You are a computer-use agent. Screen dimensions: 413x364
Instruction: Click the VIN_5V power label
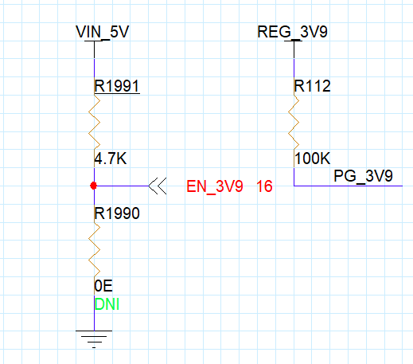(103, 32)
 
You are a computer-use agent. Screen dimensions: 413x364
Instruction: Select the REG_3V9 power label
(293, 32)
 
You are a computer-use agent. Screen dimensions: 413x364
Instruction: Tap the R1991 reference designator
(117, 86)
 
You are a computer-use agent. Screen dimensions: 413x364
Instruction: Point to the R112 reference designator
(313, 86)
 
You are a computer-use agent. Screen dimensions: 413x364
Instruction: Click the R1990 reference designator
(117, 213)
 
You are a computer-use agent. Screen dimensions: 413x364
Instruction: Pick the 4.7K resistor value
(111, 159)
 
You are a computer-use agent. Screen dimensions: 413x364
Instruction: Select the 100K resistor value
(313, 159)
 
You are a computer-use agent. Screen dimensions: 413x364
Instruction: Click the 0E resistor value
(103, 286)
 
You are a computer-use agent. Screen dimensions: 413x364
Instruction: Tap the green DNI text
(107, 304)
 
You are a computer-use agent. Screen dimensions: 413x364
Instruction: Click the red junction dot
(93, 186)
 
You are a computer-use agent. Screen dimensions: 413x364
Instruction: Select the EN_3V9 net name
(215, 186)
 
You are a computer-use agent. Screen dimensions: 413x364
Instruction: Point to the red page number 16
(264, 186)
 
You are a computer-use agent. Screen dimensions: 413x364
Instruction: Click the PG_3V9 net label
(363, 176)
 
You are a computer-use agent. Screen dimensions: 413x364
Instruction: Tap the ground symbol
(94, 339)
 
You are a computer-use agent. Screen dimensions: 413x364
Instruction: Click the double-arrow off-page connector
(158, 186)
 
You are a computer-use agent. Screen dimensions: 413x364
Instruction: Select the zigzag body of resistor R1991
(94, 122)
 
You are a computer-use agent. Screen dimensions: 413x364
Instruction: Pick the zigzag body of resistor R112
(294, 122)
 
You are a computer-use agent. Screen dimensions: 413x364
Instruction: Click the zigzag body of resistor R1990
(94, 249)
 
